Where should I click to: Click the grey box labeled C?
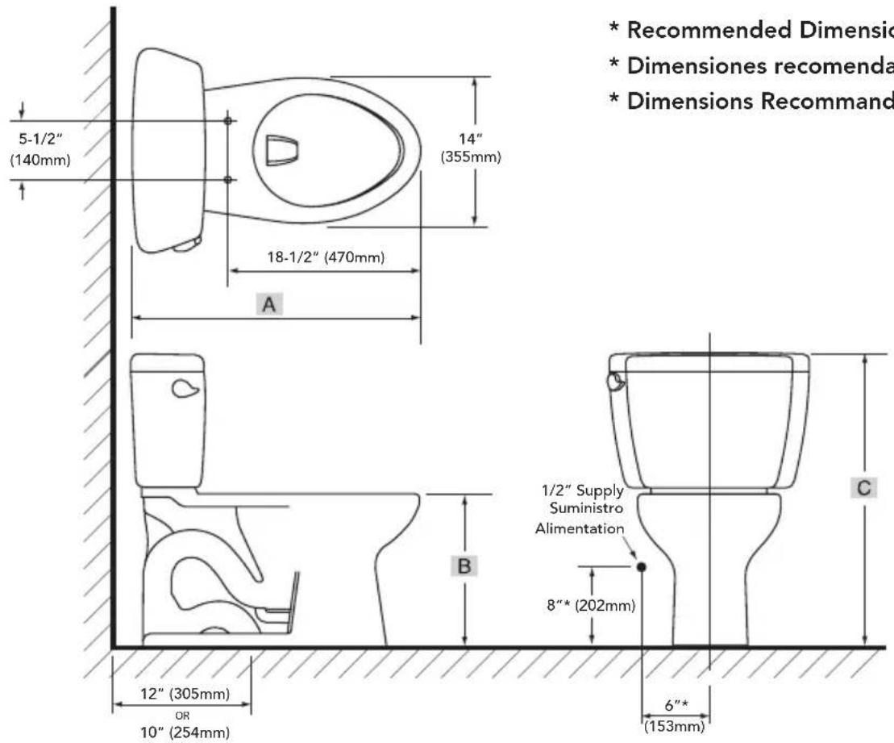[x=865, y=488]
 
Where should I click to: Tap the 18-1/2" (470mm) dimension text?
[x=324, y=258]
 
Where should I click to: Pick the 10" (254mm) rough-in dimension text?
[x=181, y=733]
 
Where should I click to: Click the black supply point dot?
[x=642, y=566]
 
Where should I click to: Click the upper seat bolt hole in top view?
[x=228, y=120]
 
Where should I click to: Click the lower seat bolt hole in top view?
[x=228, y=178]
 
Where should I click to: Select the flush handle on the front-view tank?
[x=616, y=380]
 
